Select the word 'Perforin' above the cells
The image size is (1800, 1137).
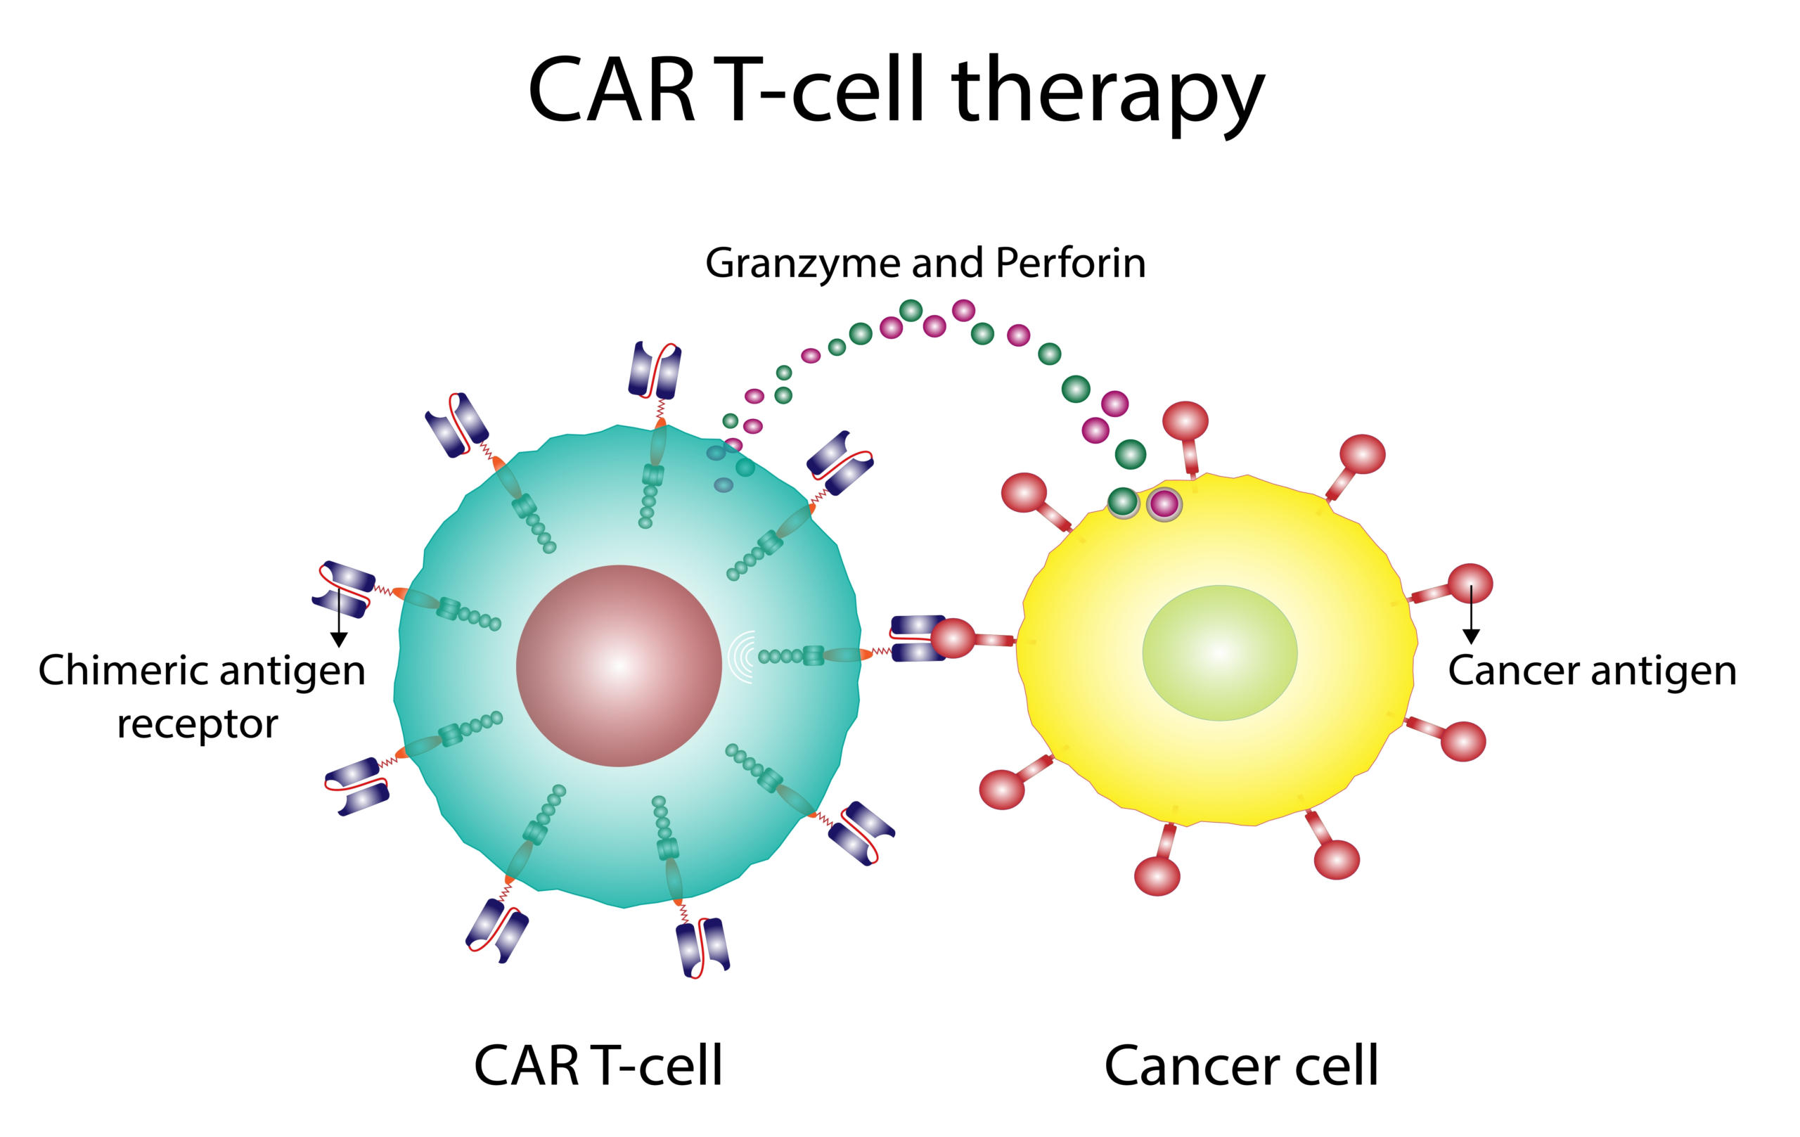[x=1070, y=262]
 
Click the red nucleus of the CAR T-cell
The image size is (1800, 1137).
[x=618, y=665]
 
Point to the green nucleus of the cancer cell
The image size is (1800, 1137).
[x=1219, y=653]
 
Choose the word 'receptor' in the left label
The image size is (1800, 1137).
[x=198, y=724]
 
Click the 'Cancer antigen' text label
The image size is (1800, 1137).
[x=1591, y=671]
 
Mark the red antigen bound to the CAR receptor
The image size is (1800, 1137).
[x=953, y=638]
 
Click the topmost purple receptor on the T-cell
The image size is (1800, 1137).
[x=655, y=370]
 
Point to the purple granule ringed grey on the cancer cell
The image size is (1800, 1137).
[x=1164, y=505]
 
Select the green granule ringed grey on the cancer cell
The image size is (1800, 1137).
[x=1123, y=502]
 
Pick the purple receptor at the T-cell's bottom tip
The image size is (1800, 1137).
[x=702, y=946]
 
